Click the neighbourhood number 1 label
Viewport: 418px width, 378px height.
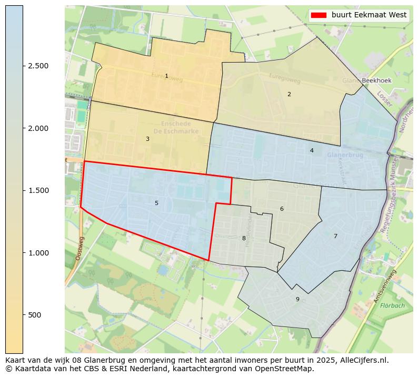point(166,76)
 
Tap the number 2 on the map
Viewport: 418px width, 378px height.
point(289,94)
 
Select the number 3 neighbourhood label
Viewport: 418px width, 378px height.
point(147,139)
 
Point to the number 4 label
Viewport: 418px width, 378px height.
point(312,150)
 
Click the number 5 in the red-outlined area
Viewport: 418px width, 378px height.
point(156,203)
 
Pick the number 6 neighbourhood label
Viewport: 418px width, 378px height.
point(282,209)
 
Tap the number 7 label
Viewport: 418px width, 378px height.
point(335,236)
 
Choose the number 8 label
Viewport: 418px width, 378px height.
point(244,238)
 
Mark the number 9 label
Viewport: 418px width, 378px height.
point(297,299)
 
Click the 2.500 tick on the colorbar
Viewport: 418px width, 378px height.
point(38,66)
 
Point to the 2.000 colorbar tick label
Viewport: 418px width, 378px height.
point(38,128)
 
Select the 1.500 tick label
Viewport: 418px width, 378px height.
point(38,190)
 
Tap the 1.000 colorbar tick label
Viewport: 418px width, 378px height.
point(38,253)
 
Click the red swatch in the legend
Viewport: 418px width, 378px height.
point(319,15)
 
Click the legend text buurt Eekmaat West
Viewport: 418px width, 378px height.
point(369,15)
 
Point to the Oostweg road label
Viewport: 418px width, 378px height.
point(79,248)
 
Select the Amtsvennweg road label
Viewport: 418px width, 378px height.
point(384,287)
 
